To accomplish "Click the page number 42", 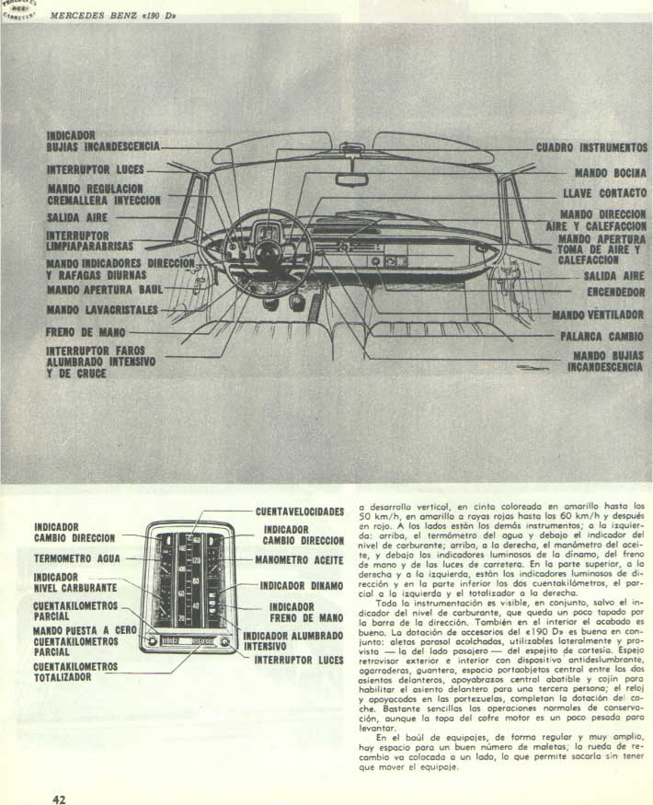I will click(59, 799).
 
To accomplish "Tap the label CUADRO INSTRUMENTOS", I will click(591, 147).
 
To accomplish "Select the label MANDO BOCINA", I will click(611, 172).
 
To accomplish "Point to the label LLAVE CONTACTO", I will click(604, 194).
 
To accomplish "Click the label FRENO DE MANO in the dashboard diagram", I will click(87, 331).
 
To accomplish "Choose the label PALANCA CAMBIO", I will click(601, 336).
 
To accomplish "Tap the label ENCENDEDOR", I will click(615, 293).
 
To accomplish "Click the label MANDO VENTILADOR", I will click(598, 315).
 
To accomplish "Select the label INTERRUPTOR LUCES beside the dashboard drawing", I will click(96, 170).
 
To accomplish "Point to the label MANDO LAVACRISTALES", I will click(103, 309).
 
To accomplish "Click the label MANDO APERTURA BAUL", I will click(104, 290).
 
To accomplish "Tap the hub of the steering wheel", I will click(269, 253).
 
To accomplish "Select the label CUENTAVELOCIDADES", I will click(300, 512).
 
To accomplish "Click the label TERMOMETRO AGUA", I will click(77, 558).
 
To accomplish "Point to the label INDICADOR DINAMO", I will click(302, 585).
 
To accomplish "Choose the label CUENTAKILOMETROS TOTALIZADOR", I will click(75, 672).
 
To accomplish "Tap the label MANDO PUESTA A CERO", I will click(84, 630).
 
